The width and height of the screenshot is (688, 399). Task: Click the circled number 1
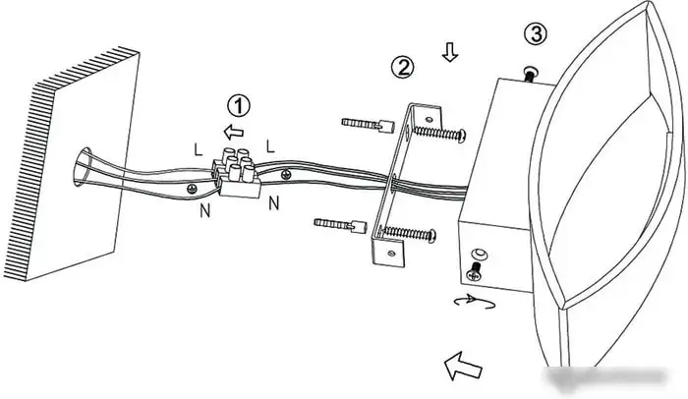pos(238,104)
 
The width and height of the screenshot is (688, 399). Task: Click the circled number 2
pos(402,67)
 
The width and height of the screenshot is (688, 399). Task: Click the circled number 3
pos(534,34)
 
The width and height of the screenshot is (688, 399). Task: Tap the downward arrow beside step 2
pos(449,52)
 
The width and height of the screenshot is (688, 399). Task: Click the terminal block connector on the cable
pos(236,172)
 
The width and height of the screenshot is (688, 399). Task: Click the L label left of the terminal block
pos(200,149)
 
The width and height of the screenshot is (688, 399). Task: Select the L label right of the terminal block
pos(270,144)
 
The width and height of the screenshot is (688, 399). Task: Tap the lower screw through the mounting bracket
pos(412,233)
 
